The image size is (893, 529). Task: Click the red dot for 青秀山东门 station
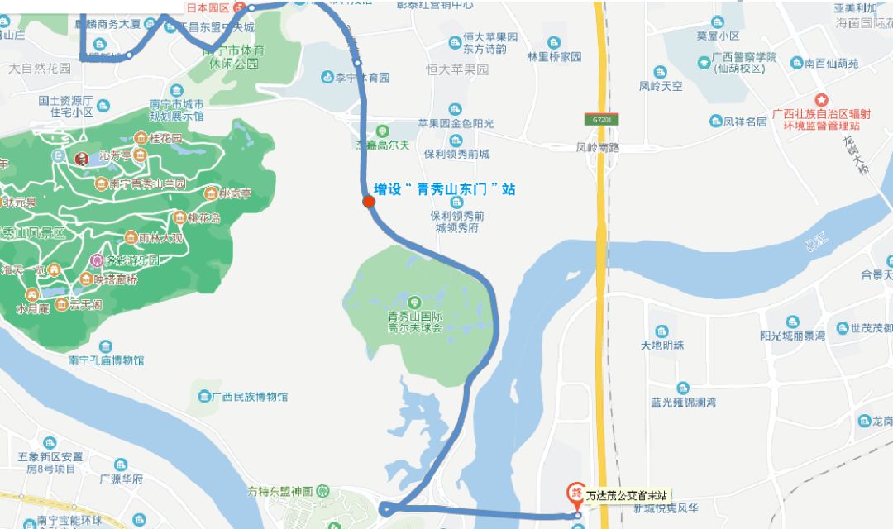coord(369,202)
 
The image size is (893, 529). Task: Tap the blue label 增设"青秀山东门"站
coord(444,189)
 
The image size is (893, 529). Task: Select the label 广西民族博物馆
coord(249,397)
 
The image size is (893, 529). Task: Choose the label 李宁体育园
coord(361,78)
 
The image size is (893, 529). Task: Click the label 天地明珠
coord(661,345)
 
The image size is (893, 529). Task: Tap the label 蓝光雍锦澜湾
coord(683,403)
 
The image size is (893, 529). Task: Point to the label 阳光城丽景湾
coord(792,336)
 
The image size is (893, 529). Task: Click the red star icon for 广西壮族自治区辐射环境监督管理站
coord(822,98)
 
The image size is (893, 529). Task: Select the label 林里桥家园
coord(554,57)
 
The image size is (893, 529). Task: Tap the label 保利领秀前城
coord(456,154)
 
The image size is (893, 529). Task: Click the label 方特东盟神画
coord(280,490)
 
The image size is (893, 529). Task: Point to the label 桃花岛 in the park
coord(203,217)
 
